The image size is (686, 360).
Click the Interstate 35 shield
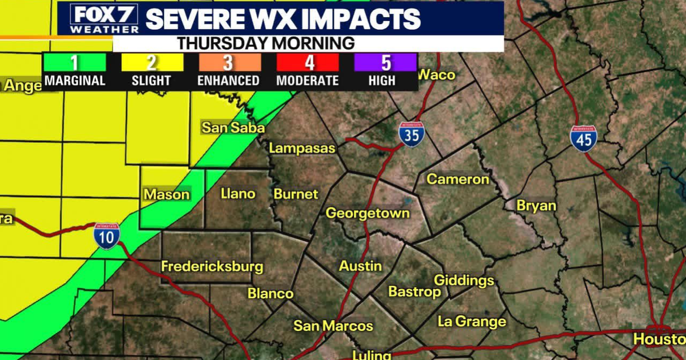pos(412,135)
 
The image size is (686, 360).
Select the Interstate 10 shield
pos(107,236)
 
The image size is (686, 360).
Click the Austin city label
pos(360,266)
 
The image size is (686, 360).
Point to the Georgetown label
pos(368,213)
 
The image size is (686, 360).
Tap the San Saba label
pos(233,127)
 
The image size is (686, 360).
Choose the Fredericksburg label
pos(212,266)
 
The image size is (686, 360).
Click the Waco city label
pos(436,75)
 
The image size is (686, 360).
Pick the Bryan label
pos(536,206)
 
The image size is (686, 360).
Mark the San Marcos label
pos(333,326)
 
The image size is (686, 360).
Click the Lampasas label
pos(302,148)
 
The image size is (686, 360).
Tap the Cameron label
pos(458,179)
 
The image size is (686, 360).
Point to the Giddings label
pos(464,281)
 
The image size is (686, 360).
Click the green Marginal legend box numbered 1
pos(75,62)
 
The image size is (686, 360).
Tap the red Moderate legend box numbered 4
pos(307,62)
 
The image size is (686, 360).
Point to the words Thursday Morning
pos(265,43)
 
